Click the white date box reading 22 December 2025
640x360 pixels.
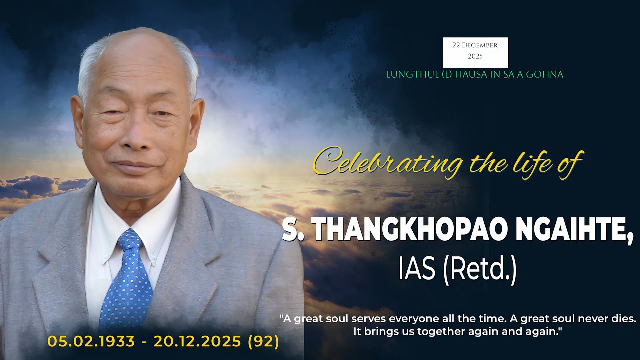(x=475, y=52)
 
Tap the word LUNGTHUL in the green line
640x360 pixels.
(x=406, y=75)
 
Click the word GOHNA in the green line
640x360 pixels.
(x=547, y=75)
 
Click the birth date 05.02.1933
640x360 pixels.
(x=91, y=342)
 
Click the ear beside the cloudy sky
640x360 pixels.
(x=196, y=125)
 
